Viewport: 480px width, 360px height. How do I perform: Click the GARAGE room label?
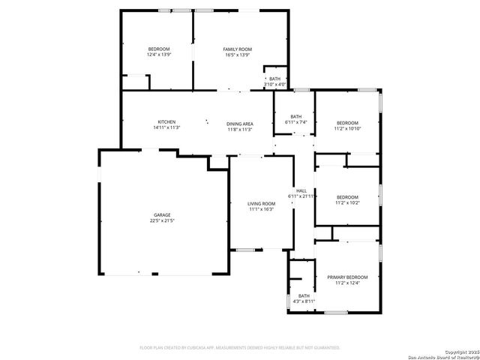pos(162,215)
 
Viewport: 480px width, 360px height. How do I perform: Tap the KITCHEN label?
pos(166,122)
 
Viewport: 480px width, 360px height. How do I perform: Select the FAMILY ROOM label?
pos(238,49)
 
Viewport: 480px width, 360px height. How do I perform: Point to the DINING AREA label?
pos(240,124)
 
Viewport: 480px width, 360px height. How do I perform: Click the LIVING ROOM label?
pos(262,203)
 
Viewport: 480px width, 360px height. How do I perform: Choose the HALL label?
pos(301,190)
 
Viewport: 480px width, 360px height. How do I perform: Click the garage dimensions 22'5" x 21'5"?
pos(162,221)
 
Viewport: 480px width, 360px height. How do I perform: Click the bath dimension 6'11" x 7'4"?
pos(296,122)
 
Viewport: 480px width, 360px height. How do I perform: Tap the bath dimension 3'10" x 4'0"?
pos(274,84)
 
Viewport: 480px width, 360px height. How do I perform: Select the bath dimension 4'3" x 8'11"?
pos(304,301)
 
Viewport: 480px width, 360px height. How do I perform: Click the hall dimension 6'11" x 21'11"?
pos(301,196)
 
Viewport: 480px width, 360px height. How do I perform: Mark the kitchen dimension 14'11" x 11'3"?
pos(166,128)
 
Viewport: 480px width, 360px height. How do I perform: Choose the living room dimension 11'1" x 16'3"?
pos(262,209)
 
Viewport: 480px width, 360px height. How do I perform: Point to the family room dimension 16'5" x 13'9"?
pos(238,55)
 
